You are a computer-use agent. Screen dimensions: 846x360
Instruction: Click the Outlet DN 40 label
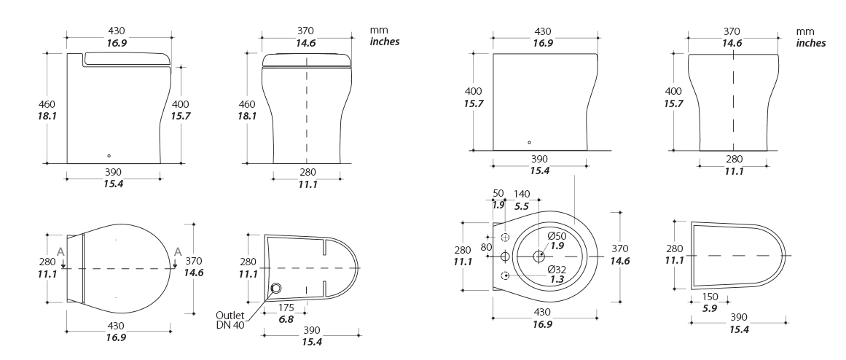(230, 320)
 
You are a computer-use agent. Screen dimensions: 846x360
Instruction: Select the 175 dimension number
(286, 308)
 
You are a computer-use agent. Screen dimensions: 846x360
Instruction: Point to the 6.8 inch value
(286, 319)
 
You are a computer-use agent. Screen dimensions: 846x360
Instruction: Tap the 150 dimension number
(710, 297)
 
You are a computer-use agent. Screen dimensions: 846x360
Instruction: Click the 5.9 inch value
(710, 309)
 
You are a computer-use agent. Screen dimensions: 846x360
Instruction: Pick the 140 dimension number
(522, 194)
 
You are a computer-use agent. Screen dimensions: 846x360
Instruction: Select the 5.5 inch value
(522, 206)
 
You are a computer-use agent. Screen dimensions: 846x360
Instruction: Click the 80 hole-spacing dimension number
(486, 247)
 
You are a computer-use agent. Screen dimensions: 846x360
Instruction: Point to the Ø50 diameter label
(557, 236)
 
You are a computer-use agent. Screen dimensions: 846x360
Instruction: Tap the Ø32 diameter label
(557, 270)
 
